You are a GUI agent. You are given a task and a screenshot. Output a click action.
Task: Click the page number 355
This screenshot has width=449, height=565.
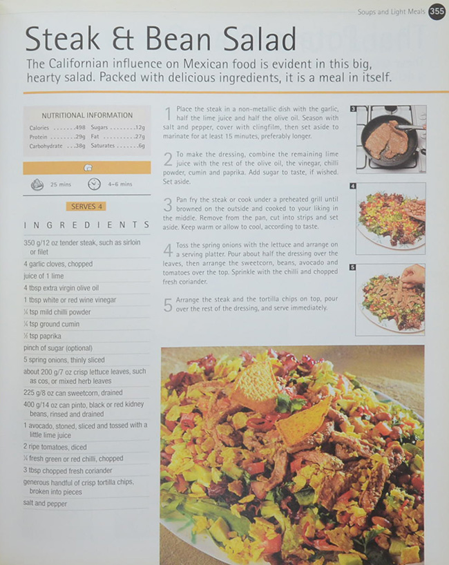[x=437, y=11]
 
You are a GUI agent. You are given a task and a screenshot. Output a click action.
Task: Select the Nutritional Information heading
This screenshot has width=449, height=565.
[x=87, y=115]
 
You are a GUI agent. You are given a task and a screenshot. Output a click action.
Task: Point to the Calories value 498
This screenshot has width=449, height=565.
[x=79, y=128]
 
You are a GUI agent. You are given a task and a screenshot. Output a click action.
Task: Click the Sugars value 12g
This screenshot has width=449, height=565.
[x=140, y=128]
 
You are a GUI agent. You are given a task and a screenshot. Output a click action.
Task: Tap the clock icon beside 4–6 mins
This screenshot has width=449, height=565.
[x=95, y=184]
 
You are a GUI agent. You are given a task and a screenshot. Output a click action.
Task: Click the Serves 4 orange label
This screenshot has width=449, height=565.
[x=86, y=206]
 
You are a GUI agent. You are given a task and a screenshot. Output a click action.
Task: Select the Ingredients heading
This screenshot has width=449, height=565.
[x=86, y=225]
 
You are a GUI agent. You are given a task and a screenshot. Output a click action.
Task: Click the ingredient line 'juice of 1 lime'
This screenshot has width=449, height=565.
[x=45, y=276]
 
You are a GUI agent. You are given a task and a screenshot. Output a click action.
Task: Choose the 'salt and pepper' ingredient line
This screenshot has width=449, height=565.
[x=45, y=504]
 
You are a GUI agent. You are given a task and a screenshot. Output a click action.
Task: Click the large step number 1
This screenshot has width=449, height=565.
[x=167, y=114]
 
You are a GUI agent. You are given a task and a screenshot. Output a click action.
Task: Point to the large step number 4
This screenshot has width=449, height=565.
[x=168, y=250]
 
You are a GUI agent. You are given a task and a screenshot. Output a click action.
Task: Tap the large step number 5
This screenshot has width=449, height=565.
[x=168, y=305]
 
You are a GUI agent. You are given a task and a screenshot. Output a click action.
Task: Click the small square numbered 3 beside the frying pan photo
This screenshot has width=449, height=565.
[x=352, y=109]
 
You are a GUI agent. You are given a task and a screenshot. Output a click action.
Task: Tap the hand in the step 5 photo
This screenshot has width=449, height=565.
[x=413, y=276]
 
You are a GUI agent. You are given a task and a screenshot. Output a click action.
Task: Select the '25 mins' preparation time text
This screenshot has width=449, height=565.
[x=61, y=184]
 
